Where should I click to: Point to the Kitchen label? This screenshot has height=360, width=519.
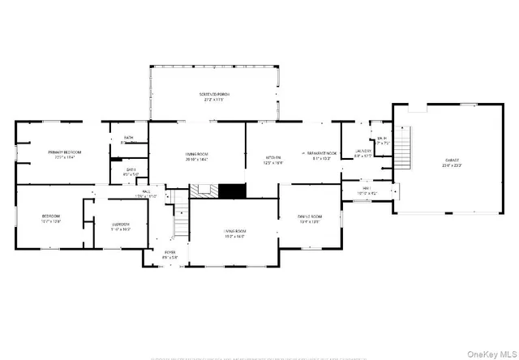pyautogui.click(x=274, y=157)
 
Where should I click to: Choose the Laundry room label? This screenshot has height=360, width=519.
pyautogui.click(x=363, y=151)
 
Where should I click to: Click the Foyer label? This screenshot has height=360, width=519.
pyautogui.click(x=170, y=252)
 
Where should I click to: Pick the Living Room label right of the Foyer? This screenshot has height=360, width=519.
pyautogui.click(x=235, y=232)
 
